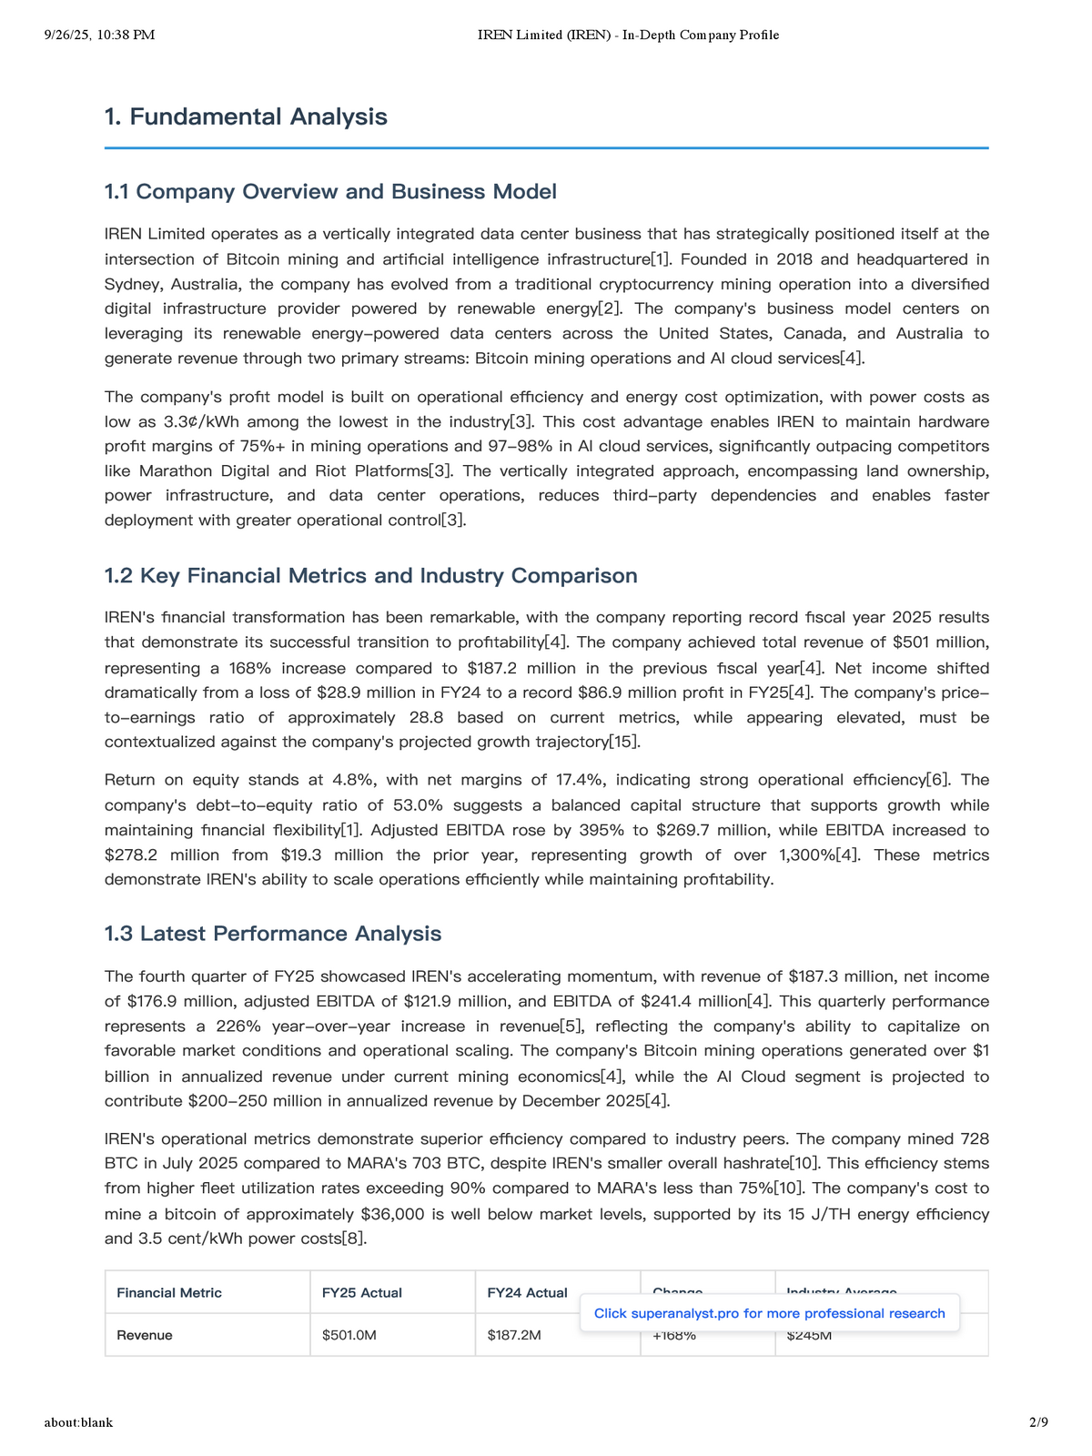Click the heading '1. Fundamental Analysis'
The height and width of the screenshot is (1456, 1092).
[x=246, y=116]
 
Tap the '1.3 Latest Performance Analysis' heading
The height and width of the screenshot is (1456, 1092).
[x=272, y=934]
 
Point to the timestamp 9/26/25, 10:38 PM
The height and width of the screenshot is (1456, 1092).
[x=99, y=35]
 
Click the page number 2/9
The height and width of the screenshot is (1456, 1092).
[x=1038, y=1421]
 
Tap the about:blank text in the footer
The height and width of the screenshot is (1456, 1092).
[x=78, y=1421]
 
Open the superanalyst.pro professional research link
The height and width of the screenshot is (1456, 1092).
[x=769, y=1313]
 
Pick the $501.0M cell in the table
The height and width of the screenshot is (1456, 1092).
[x=349, y=1335]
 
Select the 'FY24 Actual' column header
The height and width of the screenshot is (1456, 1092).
[x=527, y=1292]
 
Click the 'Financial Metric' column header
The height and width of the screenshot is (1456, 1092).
[x=169, y=1292]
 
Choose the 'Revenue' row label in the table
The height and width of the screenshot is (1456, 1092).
[x=145, y=1335]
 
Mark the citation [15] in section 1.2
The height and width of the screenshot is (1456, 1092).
[x=624, y=742]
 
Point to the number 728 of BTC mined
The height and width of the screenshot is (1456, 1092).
[x=975, y=1138]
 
